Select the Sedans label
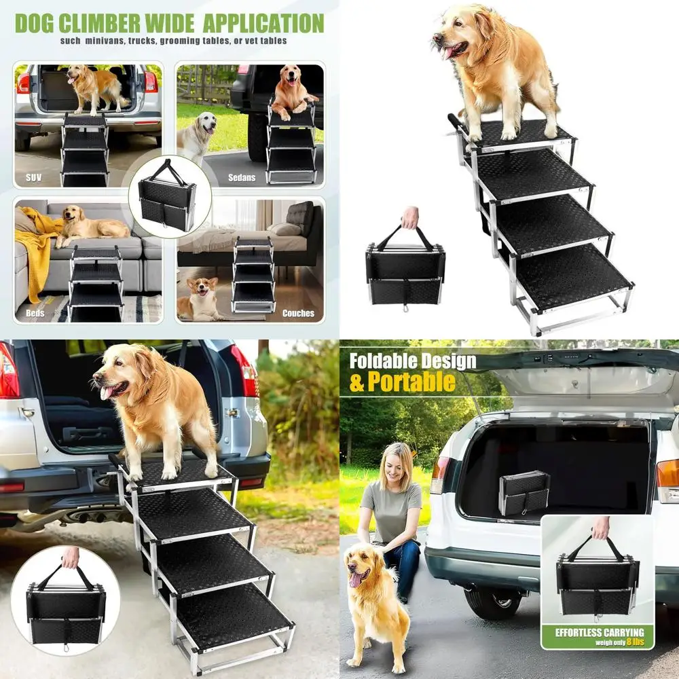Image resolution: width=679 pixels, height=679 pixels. coord(242,178)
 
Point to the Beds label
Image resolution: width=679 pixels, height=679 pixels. coord(35,313)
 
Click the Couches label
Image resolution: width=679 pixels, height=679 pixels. coord(299,313)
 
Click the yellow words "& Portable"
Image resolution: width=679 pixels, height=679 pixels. coord(402,382)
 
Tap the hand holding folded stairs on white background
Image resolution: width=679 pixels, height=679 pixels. coord(409,217)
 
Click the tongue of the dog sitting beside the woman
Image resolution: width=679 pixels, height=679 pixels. coord(355,581)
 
